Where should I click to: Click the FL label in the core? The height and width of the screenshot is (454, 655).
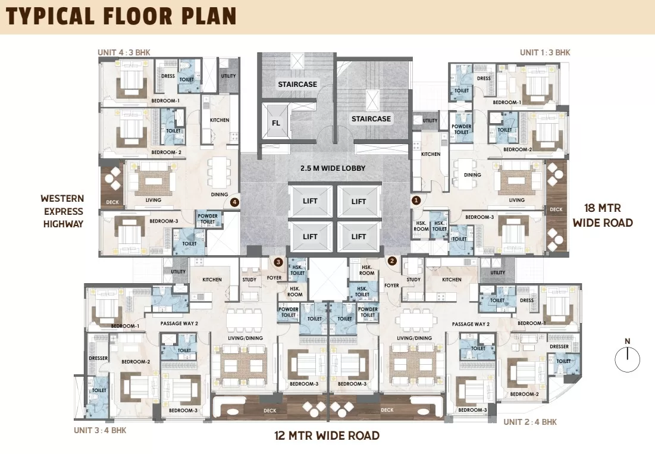pyautogui.click(x=276, y=123)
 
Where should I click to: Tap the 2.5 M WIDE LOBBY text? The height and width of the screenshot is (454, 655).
pyautogui.click(x=333, y=168)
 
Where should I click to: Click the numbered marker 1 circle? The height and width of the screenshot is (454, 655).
pyautogui.click(x=416, y=201)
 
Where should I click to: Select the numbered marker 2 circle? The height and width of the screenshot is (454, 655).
pyautogui.click(x=392, y=261)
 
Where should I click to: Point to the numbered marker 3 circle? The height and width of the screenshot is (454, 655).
pyautogui.click(x=278, y=262)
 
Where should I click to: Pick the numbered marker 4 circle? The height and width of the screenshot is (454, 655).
pyautogui.click(x=235, y=202)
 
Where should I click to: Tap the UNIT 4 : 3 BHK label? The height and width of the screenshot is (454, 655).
pyautogui.click(x=124, y=52)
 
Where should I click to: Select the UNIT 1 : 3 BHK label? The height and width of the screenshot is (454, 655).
pyautogui.click(x=545, y=52)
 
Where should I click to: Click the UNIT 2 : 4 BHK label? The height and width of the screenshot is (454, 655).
pyautogui.click(x=530, y=422)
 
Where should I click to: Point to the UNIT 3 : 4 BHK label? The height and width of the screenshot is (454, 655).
pyautogui.click(x=101, y=430)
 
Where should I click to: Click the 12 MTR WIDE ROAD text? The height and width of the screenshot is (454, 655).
pyautogui.click(x=327, y=436)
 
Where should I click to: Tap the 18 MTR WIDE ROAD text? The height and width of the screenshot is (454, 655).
pyautogui.click(x=603, y=215)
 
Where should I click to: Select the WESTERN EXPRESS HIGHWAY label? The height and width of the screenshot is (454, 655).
pyautogui.click(x=63, y=211)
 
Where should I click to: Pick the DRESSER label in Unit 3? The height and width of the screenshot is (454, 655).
pyautogui.click(x=99, y=358)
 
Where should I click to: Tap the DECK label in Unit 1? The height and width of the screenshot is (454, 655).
pyautogui.click(x=556, y=209)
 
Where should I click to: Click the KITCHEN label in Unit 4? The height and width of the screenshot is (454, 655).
pyautogui.click(x=220, y=120)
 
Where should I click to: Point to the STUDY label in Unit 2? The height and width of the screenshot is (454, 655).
pyautogui.click(x=413, y=280)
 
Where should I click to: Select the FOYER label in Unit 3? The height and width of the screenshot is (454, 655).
pyautogui.click(x=274, y=278)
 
